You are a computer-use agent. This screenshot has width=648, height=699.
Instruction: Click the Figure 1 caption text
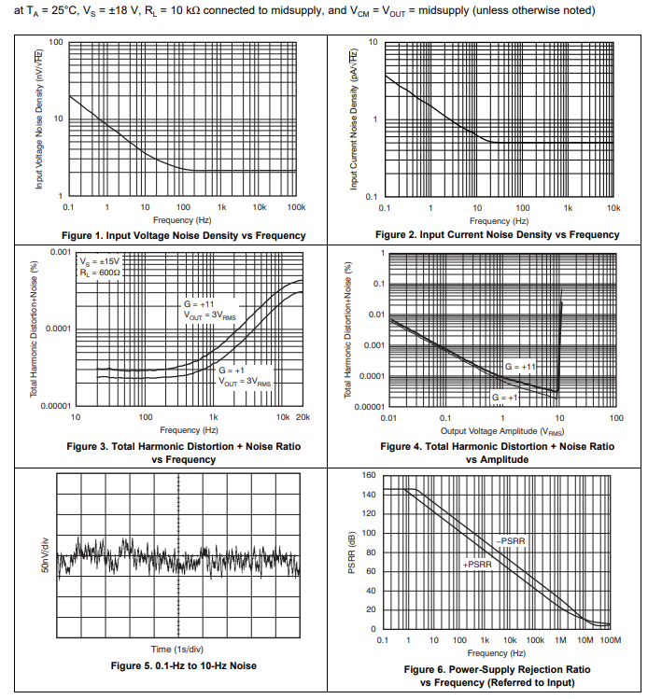tap(183, 235)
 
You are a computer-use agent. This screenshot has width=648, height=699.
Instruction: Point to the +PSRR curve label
tap(476, 565)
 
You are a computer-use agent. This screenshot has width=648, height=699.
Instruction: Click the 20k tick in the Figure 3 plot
tap(301, 416)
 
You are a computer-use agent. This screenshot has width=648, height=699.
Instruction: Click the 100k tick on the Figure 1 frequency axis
tap(296, 206)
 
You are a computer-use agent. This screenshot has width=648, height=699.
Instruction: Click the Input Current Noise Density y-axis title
tap(354, 119)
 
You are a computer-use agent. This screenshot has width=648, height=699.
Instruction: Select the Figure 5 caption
tap(183, 665)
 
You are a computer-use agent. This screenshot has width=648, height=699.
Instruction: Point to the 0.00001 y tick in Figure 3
tap(55, 406)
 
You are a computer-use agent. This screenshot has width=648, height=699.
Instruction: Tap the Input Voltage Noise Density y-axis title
tap(39, 119)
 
